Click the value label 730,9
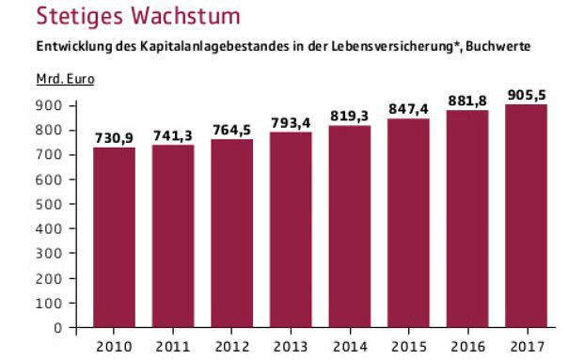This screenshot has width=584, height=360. point(114,138)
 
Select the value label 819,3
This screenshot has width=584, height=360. point(349,116)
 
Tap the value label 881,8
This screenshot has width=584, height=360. point(467,101)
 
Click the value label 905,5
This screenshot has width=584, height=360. point(526,95)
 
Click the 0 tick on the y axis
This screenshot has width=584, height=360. point(57,328)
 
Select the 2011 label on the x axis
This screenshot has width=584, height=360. point(173,344)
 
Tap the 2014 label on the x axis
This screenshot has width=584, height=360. point(349,344)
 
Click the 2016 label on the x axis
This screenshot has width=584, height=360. point(467,344)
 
